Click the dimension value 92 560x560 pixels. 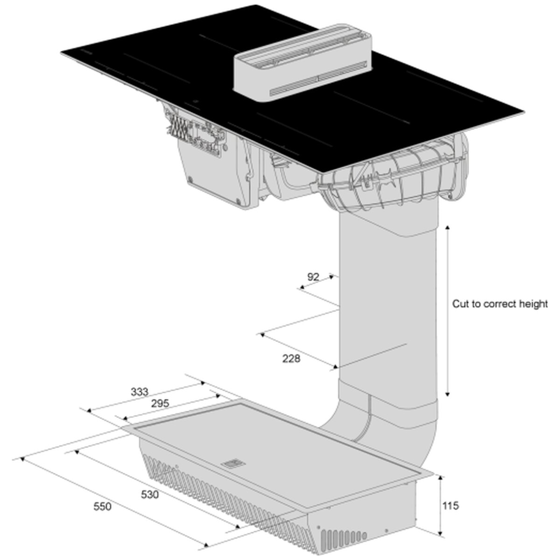[x=313, y=277]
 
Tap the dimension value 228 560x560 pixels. [x=291, y=358]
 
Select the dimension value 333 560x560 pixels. [x=140, y=392]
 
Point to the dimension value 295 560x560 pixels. [x=160, y=403]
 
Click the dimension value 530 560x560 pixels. [x=150, y=494]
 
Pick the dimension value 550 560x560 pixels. [x=102, y=506]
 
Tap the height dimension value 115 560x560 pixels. [x=450, y=506]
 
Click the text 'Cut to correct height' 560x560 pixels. [x=500, y=304]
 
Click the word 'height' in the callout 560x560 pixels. [x=534, y=304]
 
